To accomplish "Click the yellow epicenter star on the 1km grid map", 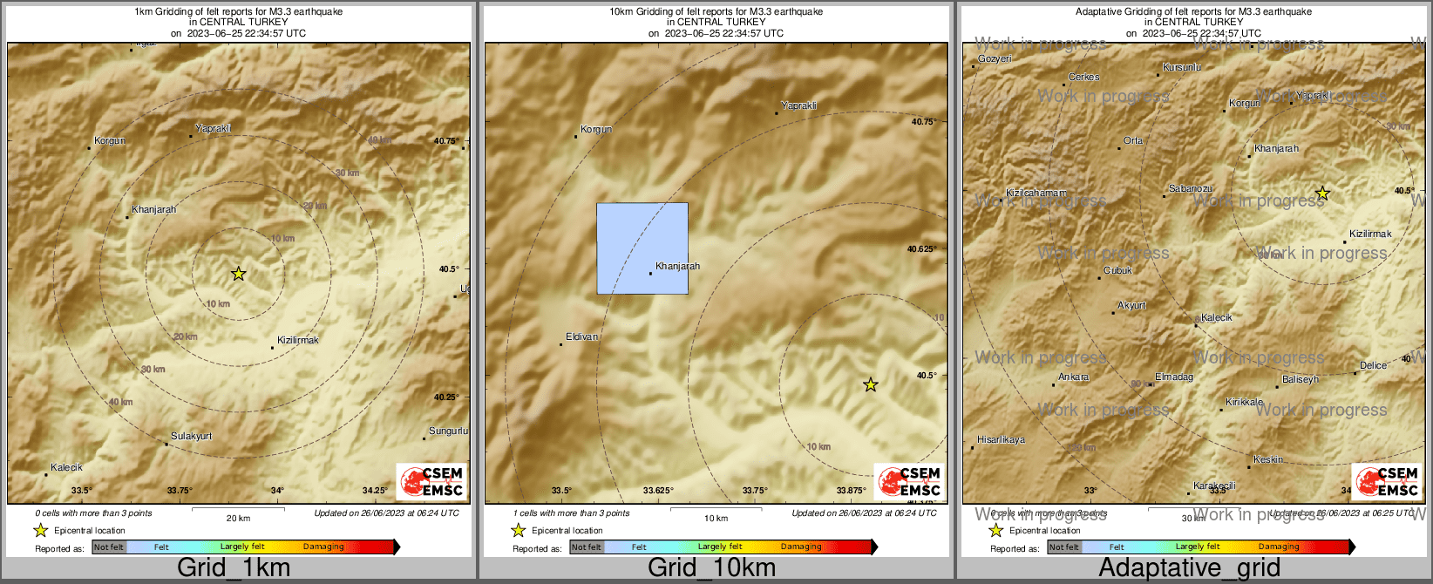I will tap(239, 274).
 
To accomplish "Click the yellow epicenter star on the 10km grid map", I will tap(870, 384).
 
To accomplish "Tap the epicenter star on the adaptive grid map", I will tap(1322, 194).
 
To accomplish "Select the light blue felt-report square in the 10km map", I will tap(642, 248).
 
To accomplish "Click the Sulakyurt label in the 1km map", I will tap(191, 436).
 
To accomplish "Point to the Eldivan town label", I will tap(581, 336).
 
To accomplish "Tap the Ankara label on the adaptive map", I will tap(1073, 377).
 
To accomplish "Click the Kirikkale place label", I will tap(1244, 402).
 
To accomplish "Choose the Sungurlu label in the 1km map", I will tap(448, 431).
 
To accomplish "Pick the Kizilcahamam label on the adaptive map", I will tap(1036, 193).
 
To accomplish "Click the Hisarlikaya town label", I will tap(1001, 439).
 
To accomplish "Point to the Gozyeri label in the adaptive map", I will tap(995, 59).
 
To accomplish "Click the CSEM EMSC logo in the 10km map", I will tap(909, 481).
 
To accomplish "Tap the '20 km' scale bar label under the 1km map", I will tap(238, 518).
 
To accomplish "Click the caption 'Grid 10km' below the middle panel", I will tap(711, 567).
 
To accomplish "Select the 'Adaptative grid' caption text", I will tap(1189, 567).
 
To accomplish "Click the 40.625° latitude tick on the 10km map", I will tap(921, 248).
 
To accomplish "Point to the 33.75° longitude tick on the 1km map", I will tap(180, 490).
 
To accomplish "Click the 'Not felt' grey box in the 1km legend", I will tap(109, 547).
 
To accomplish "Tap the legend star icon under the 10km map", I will tap(518, 530).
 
